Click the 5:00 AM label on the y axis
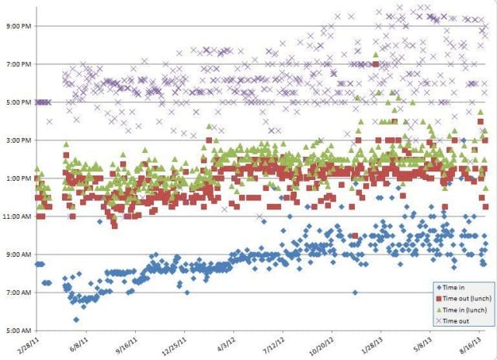[x=16, y=331]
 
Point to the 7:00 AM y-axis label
[x=16, y=293]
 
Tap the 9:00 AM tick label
[x=16, y=255]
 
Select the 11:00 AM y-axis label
[x=16, y=217]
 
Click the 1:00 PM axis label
[x=16, y=178]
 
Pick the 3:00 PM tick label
[x=16, y=140]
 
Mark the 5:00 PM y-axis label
[x=16, y=102]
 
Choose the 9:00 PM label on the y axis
[x=16, y=26]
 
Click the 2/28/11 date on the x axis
[x=31, y=343]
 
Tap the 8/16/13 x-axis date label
[x=467, y=343]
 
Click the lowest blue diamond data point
[x=76, y=320]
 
